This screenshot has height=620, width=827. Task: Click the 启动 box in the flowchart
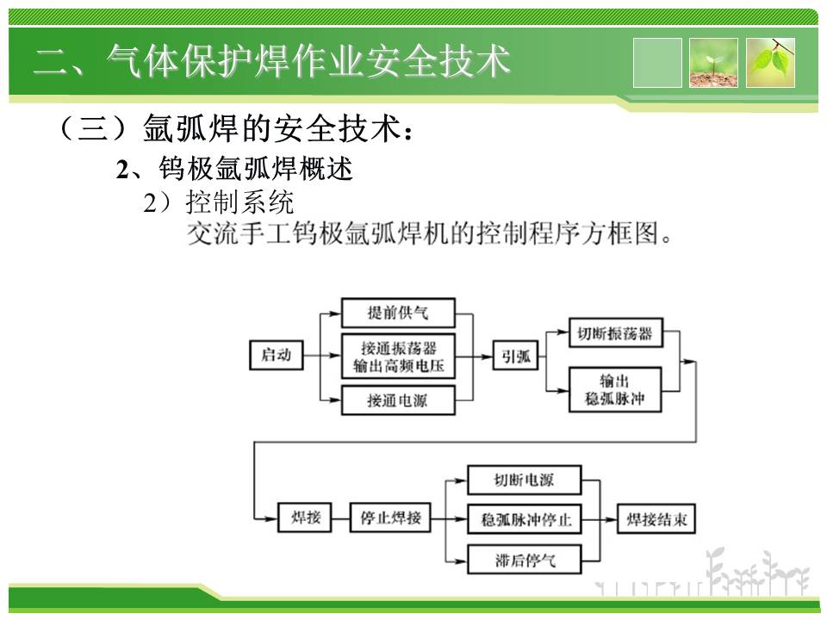277,355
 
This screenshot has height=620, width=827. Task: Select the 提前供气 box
398,313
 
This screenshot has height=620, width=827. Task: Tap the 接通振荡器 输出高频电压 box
398,356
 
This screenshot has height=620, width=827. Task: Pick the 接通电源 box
398,400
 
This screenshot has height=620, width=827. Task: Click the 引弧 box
515,356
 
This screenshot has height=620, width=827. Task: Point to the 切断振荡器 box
615,332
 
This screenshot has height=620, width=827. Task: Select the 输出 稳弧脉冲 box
615,389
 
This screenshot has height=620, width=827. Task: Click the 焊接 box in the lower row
305,518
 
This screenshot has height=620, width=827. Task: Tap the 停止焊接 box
390,518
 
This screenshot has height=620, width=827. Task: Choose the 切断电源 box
525,480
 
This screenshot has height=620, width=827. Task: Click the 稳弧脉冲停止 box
525,519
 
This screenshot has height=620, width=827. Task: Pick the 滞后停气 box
525,560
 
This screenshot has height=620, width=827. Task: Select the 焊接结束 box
656,519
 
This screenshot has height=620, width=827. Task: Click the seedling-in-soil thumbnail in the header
713,62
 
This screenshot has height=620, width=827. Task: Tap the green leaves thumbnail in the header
770,62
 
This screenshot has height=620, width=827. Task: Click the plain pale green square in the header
657,62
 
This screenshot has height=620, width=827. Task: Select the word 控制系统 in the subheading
240,201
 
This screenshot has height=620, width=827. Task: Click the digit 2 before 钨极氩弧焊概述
122,170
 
